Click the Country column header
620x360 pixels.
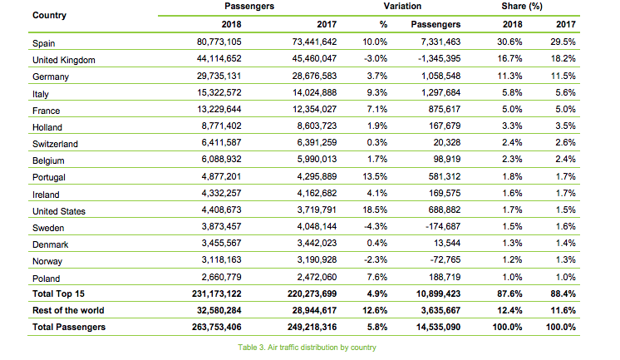49,15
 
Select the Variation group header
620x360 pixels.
402,6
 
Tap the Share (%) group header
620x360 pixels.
522,6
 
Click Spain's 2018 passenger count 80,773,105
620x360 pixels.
219,42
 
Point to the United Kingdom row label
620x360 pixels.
64,60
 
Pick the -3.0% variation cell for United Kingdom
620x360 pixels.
376,58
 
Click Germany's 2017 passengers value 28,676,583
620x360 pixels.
314,76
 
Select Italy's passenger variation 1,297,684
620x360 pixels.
440,92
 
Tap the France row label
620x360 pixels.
46,111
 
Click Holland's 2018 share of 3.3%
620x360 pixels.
512,126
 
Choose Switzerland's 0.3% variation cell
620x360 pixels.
376,142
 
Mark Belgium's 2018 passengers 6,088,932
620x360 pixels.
221,159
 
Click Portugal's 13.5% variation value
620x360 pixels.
375,176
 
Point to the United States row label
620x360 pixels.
59,211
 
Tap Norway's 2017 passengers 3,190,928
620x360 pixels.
317,259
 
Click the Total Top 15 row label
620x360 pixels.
58,293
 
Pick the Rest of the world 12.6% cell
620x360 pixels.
375,310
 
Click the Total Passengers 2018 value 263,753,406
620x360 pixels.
217,327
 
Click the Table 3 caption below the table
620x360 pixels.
307,348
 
